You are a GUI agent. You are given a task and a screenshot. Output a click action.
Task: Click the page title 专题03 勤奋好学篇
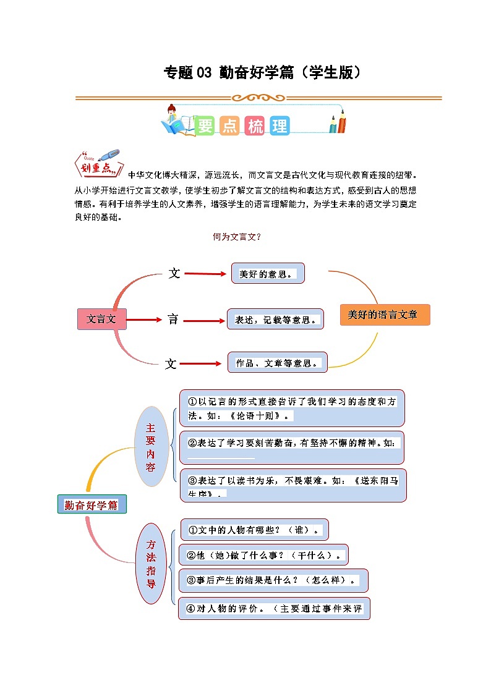click(262, 73)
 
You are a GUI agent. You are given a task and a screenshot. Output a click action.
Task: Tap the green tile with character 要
click(205, 126)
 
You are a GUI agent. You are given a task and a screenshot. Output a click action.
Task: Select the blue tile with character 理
click(279, 126)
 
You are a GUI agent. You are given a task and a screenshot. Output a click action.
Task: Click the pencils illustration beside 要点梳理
click(338, 121)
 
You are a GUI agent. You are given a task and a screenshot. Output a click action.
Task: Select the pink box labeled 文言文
click(101, 319)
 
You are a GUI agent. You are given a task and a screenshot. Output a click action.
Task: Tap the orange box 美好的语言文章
click(385, 315)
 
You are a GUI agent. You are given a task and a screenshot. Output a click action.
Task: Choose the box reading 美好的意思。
click(268, 274)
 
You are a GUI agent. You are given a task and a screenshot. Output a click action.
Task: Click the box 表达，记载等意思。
click(275, 319)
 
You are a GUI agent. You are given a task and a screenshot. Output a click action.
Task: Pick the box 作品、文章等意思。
click(278, 363)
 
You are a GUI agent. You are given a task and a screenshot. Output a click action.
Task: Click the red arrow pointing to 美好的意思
click(206, 274)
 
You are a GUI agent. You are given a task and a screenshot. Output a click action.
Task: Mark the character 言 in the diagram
click(173, 319)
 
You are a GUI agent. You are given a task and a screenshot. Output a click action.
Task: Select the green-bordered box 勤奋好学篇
click(92, 505)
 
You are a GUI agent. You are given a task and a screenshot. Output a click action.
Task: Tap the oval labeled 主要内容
click(151, 446)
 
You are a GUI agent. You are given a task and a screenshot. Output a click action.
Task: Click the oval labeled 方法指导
click(151, 564)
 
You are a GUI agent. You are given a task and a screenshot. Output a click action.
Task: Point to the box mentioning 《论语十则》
click(292, 408)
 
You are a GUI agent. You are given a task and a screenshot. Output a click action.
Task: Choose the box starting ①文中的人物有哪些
click(254, 530)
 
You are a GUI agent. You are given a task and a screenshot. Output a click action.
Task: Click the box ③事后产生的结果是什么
click(273, 580)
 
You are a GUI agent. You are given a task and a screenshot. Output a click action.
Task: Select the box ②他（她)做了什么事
click(263, 555)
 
